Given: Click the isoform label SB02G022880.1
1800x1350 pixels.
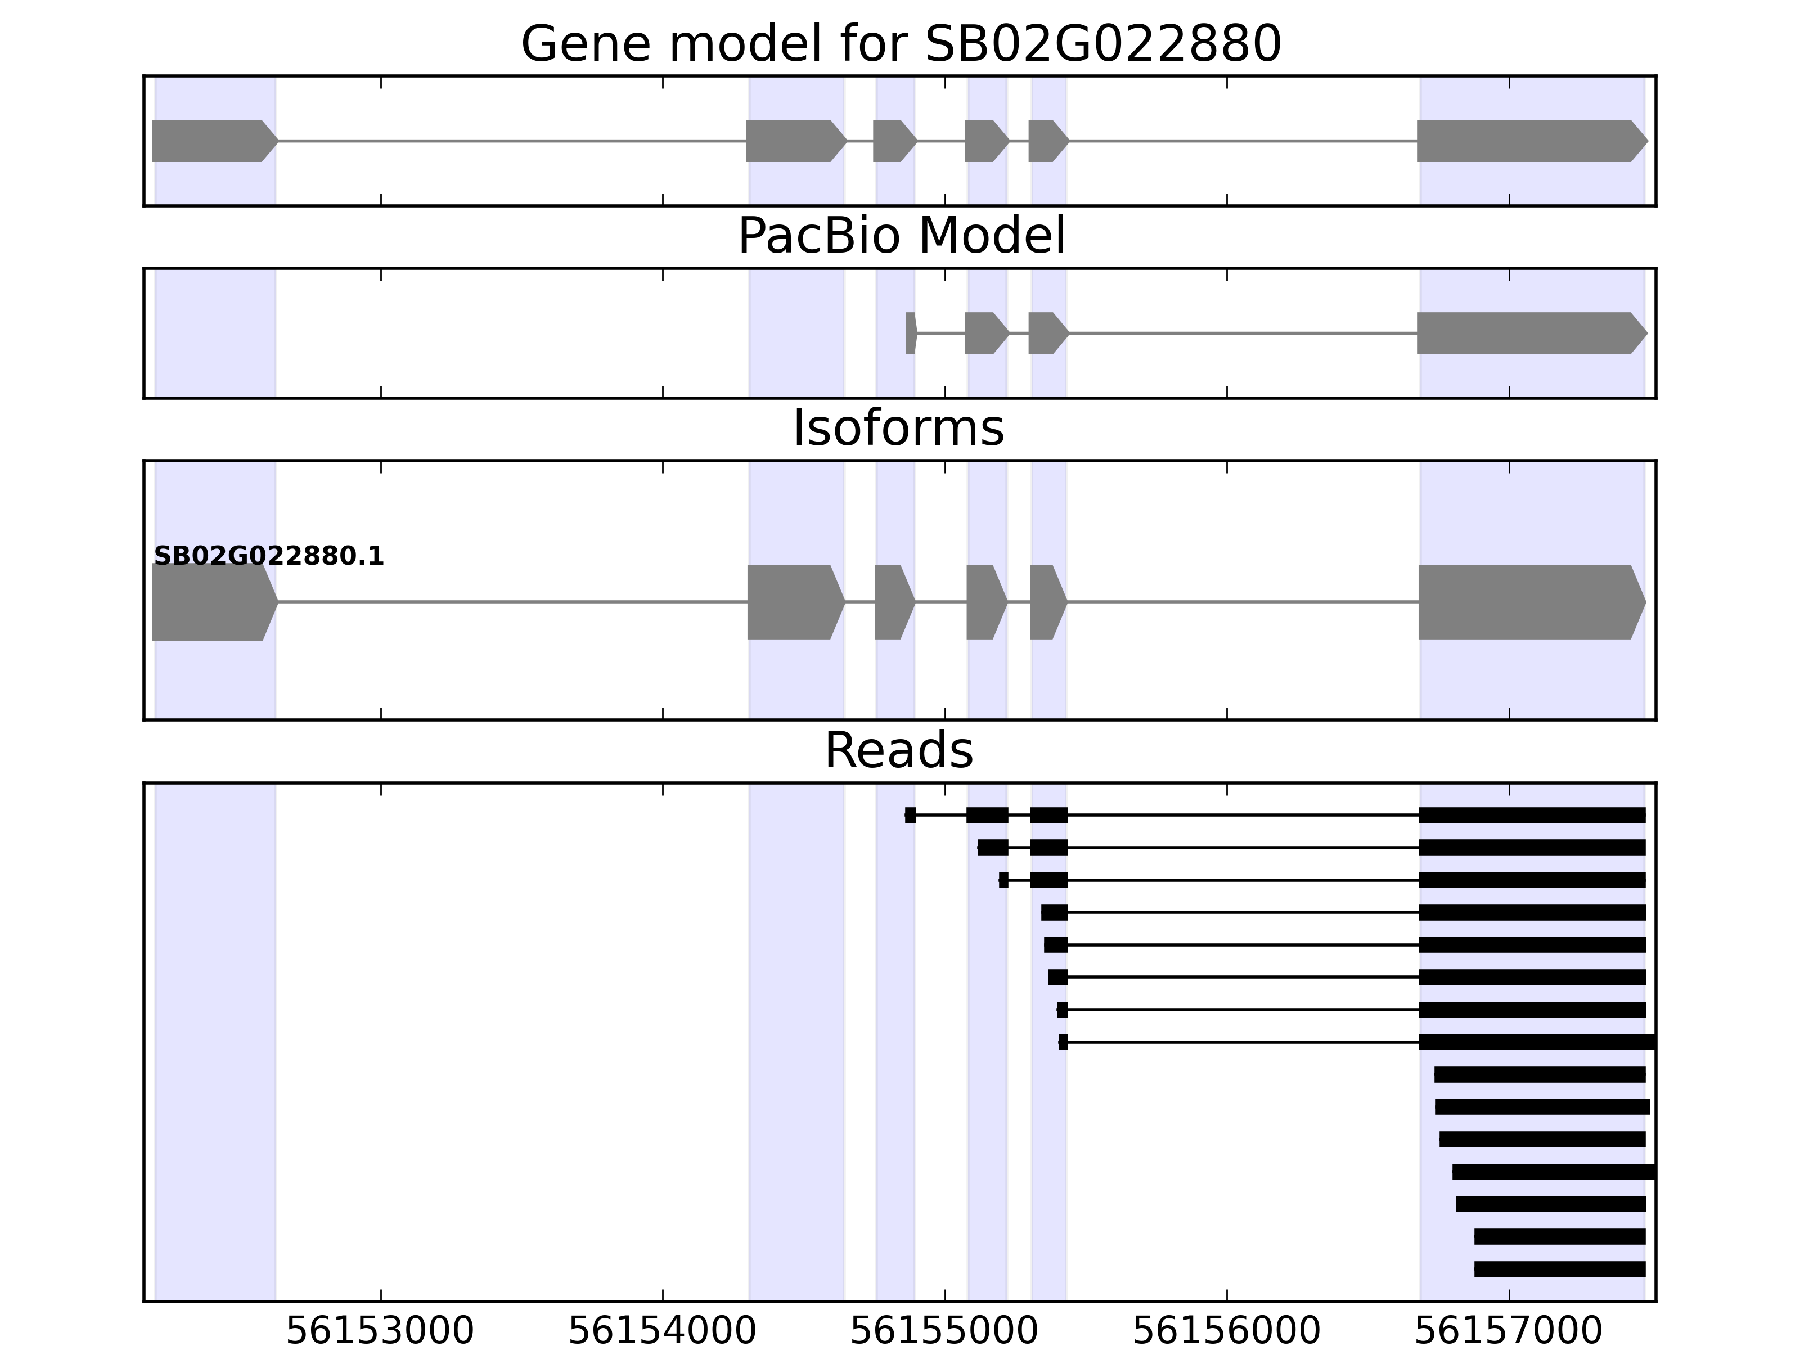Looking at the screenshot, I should (268, 557).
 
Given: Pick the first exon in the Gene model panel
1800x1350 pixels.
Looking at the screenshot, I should (211, 141).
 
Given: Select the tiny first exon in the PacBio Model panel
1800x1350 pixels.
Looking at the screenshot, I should (911, 333).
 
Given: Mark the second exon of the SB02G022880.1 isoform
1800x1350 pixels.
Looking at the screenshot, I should (793, 602).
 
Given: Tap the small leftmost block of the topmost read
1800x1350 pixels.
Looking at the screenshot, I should (911, 816).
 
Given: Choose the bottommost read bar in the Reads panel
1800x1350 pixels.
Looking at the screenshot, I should (1559, 1270).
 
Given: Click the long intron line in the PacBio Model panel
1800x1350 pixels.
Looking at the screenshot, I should (1242, 333).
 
